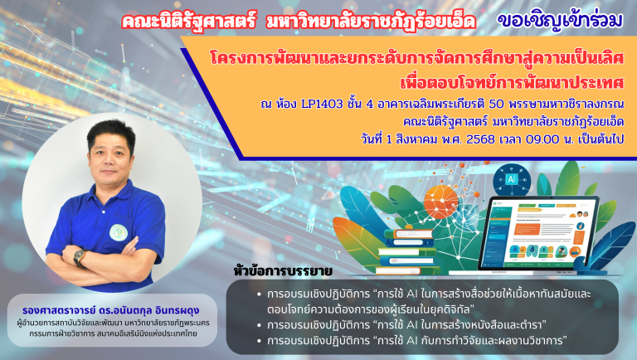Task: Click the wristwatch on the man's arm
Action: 80,258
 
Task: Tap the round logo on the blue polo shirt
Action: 119,233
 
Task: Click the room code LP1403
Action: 322,105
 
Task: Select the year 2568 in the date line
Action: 480,139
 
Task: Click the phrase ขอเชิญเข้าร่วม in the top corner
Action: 560,20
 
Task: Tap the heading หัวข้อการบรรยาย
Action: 283,271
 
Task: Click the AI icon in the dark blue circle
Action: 512,179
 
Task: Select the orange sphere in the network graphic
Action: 440,202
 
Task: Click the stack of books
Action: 407,252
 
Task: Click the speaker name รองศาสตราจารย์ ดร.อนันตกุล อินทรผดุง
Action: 111,310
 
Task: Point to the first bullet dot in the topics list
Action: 259,294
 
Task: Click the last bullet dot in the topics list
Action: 259,341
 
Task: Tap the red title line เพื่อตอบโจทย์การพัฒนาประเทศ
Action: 512,82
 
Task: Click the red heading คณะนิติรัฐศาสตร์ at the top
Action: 189,21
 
